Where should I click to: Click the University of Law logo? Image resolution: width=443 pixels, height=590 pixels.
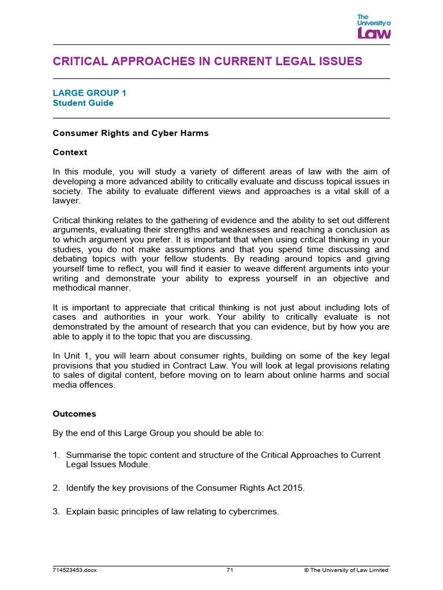[x=374, y=27]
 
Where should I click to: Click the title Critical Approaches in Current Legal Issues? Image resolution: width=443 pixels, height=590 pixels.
[x=208, y=61]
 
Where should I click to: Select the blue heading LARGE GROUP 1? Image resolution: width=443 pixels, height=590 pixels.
[x=89, y=93]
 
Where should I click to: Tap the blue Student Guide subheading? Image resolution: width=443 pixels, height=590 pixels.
[x=83, y=103]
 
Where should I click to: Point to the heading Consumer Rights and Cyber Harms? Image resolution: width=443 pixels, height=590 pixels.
[x=130, y=133]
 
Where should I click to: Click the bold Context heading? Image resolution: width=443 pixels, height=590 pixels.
[x=70, y=153]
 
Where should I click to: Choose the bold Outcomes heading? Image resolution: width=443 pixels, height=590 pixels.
[x=74, y=414]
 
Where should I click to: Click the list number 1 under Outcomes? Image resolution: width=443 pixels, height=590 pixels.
[x=56, y=455]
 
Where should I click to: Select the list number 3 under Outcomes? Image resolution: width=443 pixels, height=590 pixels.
[x=56, y=511]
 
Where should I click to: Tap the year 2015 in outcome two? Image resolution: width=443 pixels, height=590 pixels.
[x=293, y=488]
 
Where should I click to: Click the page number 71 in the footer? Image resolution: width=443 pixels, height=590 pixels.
[x=230, y=570]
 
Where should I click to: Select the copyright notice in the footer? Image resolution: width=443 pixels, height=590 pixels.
[x=346, y=570]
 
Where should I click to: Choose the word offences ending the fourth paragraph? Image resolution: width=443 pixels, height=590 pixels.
[x=97, y=385]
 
